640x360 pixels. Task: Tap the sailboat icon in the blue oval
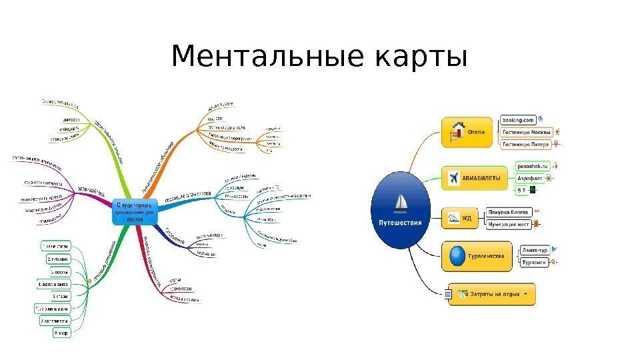point(402,203)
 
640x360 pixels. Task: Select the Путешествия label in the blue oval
point(401,223)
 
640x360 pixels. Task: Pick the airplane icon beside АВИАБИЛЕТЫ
point(453,178)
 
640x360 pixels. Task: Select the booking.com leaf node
point(518,120)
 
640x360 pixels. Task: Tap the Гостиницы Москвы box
point(526,131)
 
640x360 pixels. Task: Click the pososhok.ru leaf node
point(533,167)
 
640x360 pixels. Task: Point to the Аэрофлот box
point(530,178)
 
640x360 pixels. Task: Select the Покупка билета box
point(508,212)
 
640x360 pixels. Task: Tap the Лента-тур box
point(535,250)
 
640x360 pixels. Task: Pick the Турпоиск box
point(534,262)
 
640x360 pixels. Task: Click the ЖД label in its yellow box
point(467,217)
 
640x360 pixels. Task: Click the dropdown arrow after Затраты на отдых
point(527,293)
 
